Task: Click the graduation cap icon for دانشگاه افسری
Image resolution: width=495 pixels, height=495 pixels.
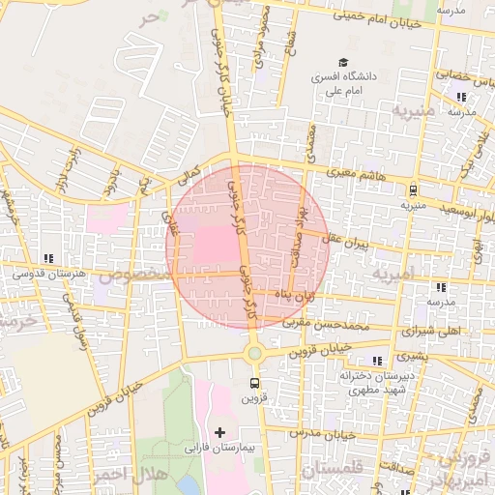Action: tap(344, 60)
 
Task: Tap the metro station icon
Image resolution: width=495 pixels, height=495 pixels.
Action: tap(413, 190)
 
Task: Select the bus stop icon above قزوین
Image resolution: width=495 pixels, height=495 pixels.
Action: tap(253, 383)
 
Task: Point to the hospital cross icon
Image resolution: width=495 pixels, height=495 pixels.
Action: tap(219, 431)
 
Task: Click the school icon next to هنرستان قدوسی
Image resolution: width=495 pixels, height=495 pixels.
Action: tap(48, 258)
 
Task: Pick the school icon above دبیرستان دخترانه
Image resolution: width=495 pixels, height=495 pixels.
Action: tap(376, 361)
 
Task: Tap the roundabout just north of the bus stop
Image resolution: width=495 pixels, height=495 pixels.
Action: tap(253, 354)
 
